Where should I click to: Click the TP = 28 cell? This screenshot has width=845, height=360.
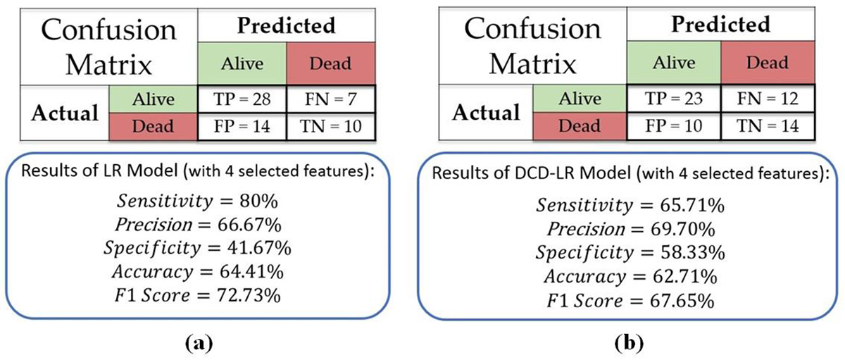click(242, 99)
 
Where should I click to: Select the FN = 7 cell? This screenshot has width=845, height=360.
click(331, 99)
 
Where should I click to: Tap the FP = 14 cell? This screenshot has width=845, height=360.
click(242, 126)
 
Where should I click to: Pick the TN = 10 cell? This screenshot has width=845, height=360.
click(331, 126)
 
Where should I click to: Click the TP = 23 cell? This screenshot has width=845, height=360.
click(674, 99)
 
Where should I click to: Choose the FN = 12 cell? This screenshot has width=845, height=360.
click(768, 99)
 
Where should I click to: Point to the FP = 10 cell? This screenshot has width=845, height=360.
click(674, 125)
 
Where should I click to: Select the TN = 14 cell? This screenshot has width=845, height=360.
click(768, 125)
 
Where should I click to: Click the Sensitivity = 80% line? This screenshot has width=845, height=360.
click(197, 201)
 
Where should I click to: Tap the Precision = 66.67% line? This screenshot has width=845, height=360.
click(198, 225)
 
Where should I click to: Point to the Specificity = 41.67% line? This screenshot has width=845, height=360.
click(197, 248)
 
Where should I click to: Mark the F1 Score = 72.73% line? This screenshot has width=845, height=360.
click(197, 295)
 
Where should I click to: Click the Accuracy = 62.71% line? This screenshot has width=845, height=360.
click(630, 277)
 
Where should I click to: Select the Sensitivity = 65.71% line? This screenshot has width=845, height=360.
click(630, 206)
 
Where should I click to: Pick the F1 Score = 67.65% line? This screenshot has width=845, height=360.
click(630, 301)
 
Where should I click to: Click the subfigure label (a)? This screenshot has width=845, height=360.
click(199, 343)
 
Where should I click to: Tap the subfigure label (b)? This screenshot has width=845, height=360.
click(629, 343)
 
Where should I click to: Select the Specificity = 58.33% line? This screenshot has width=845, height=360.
click(630, 253)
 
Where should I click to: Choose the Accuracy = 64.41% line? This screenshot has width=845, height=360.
click(198, 272)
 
